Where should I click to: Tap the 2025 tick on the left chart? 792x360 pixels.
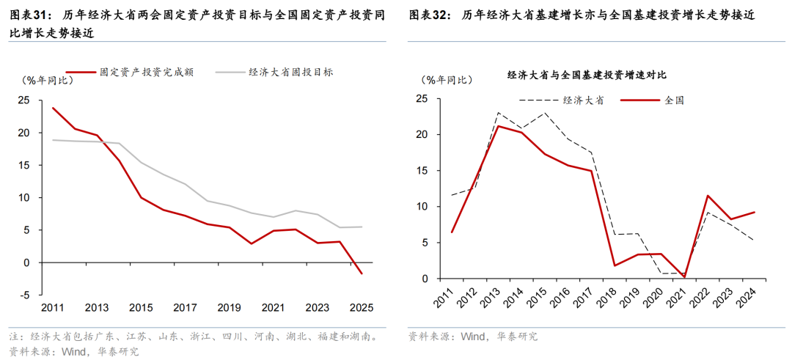coord(362,307)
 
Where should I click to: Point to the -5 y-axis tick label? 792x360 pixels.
coord(24,295)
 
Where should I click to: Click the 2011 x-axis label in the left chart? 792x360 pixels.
coord(52,307)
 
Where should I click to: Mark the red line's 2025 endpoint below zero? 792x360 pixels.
coord(362,273)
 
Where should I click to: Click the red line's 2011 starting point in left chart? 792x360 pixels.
coord(53,108)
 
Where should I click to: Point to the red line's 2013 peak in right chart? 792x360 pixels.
coord(498,126)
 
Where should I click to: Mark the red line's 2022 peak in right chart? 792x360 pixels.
coord(708,196)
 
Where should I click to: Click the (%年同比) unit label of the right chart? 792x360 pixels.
coord(445,81)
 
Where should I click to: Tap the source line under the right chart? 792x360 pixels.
coord(473,337)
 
